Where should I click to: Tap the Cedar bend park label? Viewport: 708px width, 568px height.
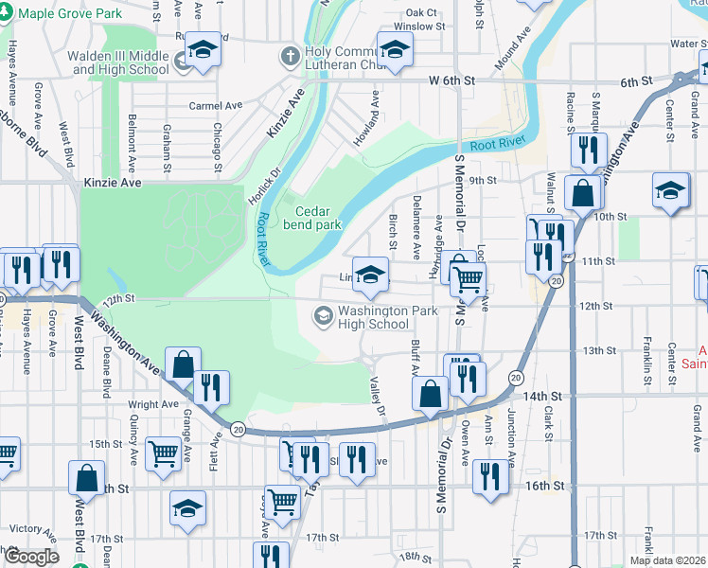tap(317, 219)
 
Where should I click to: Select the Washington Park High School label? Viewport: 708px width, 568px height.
tap(374, 317)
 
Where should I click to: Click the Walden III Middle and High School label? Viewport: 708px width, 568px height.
tap(118, 62)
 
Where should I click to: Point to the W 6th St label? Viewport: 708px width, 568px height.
tap(451, 82)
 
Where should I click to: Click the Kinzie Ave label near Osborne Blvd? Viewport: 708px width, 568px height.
tap(113, 181)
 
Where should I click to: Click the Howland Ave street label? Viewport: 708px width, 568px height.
tap(375, 111)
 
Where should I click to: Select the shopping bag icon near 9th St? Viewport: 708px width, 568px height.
tap(583, 192)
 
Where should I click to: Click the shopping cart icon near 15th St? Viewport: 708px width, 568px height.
tap(164, 453)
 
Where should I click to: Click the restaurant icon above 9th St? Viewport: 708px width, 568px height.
tap(589, 149)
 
